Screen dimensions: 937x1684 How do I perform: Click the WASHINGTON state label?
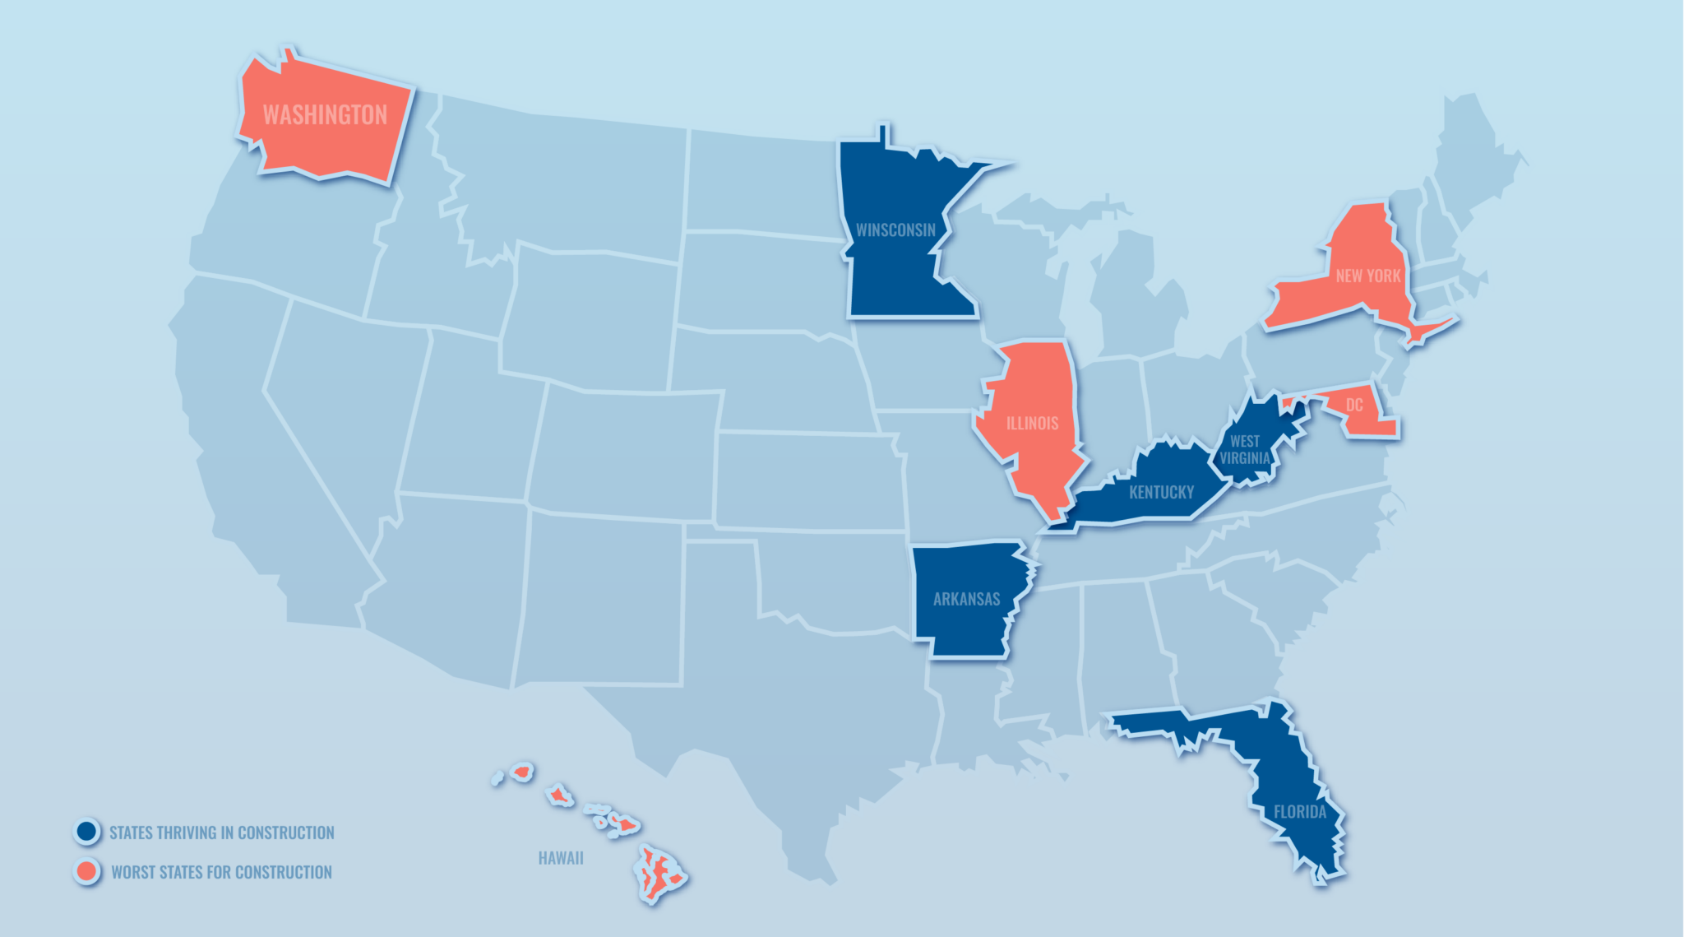[325, 115]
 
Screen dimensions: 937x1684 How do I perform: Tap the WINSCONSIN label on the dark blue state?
[895, 230]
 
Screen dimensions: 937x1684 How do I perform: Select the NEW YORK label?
[1367, 276]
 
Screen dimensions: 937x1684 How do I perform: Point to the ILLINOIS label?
[1032, 424]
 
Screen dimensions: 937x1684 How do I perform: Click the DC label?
[1354, 406]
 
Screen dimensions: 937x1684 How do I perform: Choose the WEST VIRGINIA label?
[1245, 450]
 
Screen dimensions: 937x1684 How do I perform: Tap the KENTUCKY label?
[1161, 493]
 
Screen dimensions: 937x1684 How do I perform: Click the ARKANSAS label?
[966, 600]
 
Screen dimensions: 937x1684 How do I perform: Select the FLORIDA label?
[1300, 813]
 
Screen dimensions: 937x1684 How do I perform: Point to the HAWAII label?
[561, 859]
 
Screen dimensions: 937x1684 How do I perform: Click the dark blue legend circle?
[86, 832]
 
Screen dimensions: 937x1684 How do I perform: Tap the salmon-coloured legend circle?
[86, 871]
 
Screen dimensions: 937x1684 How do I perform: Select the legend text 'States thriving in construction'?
[222, 833]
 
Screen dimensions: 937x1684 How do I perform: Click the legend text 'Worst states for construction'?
[222, 872]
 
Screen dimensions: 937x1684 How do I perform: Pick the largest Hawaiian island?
[659, 874]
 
